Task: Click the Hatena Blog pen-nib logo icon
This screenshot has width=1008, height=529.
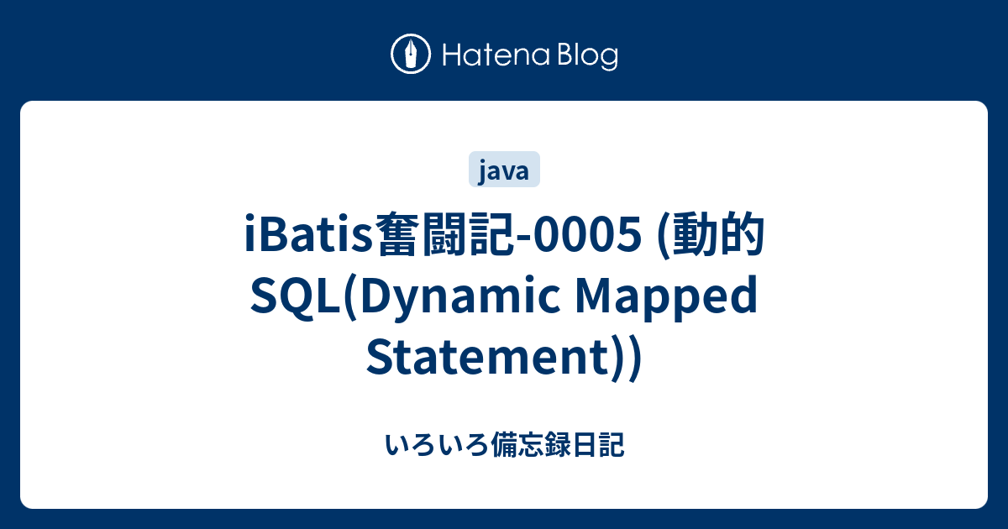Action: pyautogui.click(x=411, y=55)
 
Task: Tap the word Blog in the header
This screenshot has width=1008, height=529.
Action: pyautogui.click(x=586, y=55)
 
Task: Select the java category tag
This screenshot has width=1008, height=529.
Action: pyautogui.click(x=503, y=171)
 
